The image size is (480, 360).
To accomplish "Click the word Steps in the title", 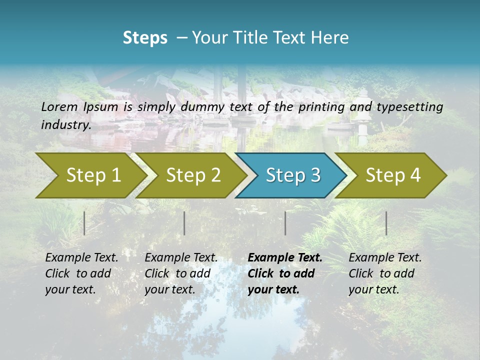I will pos(145,38).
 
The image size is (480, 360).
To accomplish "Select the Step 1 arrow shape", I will pos(90,175).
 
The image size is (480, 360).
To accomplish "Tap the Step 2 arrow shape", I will pos(192,175).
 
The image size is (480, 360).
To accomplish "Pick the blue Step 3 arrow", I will pos(292,175).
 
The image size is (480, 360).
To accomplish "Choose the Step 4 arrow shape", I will pos(393,175).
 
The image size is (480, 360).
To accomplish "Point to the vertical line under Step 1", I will pos(84,223).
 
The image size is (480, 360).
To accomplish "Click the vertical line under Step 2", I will pos(184,223).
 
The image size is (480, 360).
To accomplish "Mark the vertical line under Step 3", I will pos(285,223).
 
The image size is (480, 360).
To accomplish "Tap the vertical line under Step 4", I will pos(386,223).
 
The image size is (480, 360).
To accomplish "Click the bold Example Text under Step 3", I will pos(285,258).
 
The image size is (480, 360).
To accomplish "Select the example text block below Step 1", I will pos(81,273).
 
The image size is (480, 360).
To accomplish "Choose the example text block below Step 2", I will pos(181,273).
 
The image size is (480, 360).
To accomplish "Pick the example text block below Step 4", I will pos(385,273).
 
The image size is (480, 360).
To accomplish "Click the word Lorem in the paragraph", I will pos(59,107).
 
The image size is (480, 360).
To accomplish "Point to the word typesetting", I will pos(409,107).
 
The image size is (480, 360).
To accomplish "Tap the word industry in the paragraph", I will pos(65,125).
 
